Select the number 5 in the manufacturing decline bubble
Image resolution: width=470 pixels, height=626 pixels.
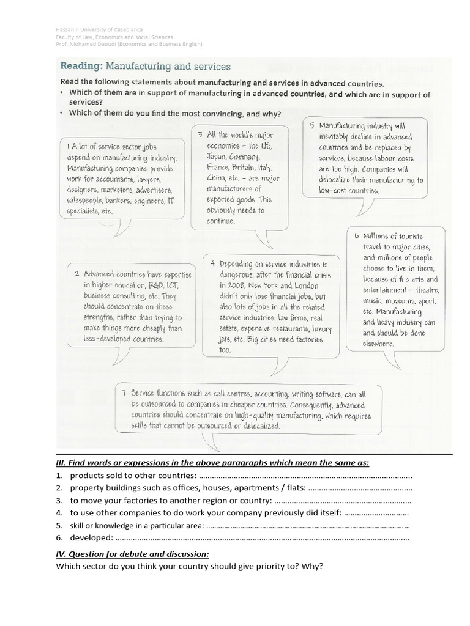click(x=311, y=125)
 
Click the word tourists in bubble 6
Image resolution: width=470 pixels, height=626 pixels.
click(x=405, y=236)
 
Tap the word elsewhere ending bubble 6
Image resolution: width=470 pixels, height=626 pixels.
click(x=378, y=344)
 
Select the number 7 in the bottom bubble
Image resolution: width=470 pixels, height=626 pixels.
click(x=124, y=394)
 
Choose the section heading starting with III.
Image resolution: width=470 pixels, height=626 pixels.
click(x=212, y=463)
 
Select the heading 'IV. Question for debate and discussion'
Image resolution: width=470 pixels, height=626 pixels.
click(x=132, y=554)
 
